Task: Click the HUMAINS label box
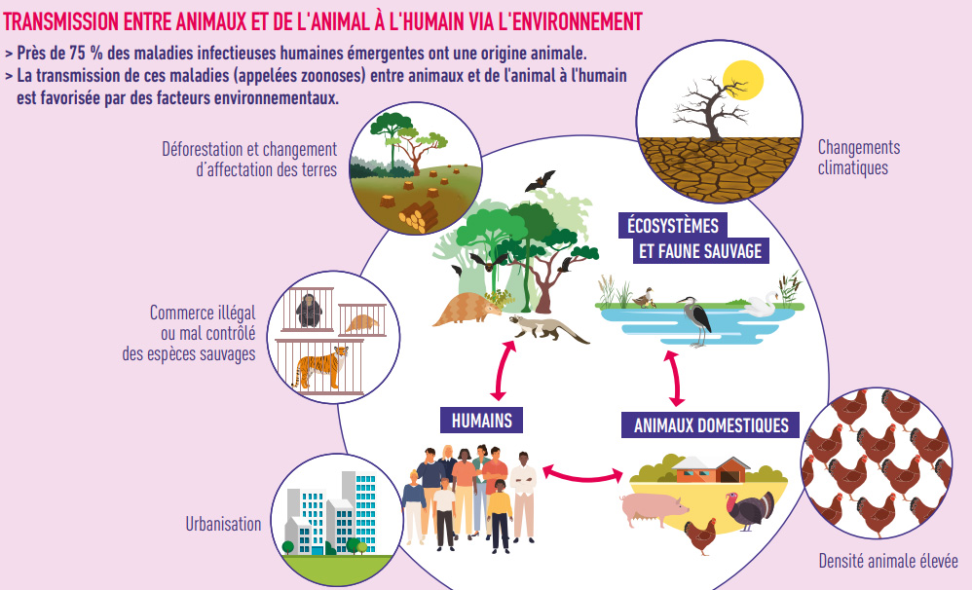(482, 421)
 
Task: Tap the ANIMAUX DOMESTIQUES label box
(710, 425)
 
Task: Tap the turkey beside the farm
(751, 509)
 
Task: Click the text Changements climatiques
(858, 157)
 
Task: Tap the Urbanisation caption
(223, 524)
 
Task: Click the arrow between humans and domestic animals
(582, 473)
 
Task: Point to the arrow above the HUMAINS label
(500, 370)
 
